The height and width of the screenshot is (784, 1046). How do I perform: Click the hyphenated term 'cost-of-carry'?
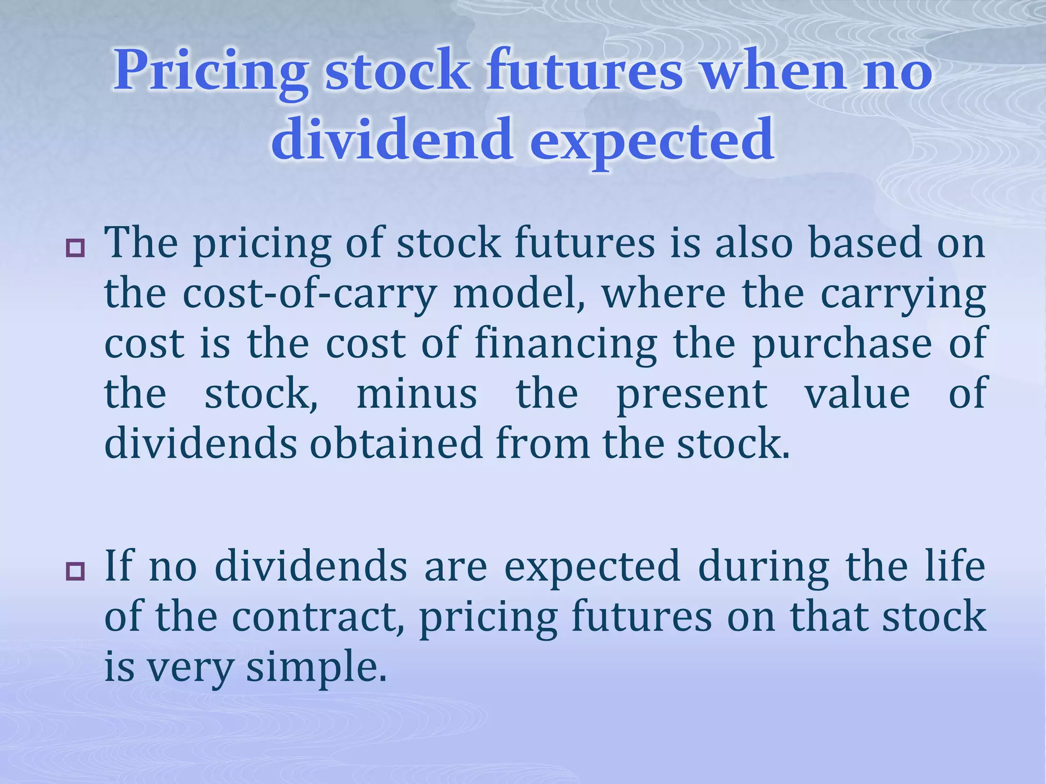(309, 295)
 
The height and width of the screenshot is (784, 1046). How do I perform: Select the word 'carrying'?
(903, 295)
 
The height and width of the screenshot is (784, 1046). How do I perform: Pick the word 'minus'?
(417, 394)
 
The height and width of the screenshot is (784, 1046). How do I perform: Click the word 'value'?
(858, 394)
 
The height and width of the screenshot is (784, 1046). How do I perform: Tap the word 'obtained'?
(396, 443)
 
